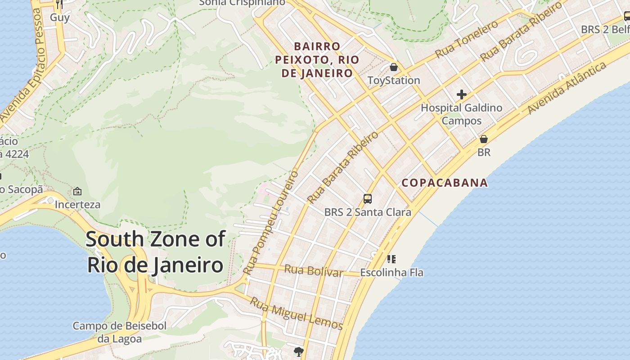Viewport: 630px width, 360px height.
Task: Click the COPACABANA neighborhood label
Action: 445,183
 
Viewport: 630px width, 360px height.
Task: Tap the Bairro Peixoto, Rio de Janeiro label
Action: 317,60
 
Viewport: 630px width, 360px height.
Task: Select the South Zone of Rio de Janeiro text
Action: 155,252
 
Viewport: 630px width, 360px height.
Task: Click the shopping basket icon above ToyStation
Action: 394,67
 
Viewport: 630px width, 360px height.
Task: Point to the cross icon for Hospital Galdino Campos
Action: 461,94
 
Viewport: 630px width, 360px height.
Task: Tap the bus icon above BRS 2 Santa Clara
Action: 368,198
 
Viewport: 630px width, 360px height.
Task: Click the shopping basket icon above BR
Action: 484,139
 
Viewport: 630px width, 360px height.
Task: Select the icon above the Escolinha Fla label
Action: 391,259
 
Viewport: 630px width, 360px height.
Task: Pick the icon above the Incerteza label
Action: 77,191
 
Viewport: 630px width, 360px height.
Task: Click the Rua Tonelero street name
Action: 466,40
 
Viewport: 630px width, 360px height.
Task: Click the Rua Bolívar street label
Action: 313,271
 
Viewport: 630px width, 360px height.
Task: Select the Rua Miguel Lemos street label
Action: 297,313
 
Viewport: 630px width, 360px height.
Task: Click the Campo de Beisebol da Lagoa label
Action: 120,332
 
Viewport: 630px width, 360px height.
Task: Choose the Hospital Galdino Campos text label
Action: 461,114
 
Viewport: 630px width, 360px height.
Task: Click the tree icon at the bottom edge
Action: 298,351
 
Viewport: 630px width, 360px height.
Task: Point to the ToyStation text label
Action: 394,81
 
